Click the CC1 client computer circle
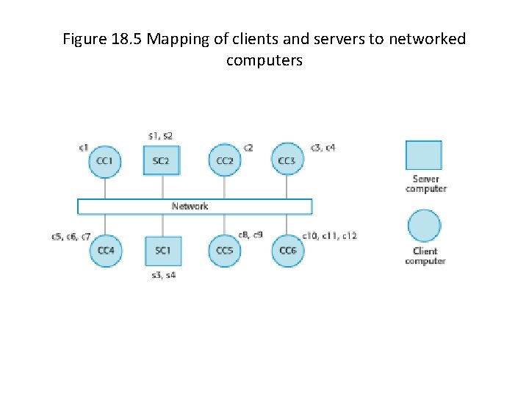click(104, 160)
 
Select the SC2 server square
click(161, 160)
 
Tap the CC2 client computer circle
click(225, 160)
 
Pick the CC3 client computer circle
click(287, 160)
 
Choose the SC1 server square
click(162, 251)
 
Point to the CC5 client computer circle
click(225, 251)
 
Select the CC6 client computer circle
click(287, 251)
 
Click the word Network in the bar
click(190, 207)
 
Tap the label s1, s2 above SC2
click(160, 136)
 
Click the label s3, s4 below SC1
click(163, 275)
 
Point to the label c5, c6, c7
click(71, 237)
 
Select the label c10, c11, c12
click(330, 236)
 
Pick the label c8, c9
click(251, 235)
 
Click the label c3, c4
click(323, 148)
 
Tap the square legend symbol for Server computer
click(424, 155)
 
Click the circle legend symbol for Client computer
click(424, 226)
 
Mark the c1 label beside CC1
click(84, 148)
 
